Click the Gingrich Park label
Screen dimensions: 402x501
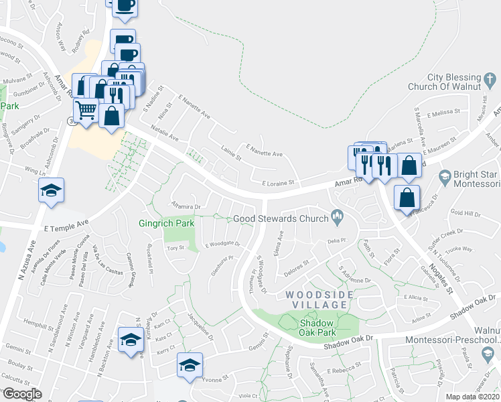[165, 223]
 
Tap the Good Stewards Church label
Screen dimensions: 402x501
[281, 218]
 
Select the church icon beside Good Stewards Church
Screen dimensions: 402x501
[337, 216]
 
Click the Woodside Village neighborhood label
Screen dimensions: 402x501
[317, 299]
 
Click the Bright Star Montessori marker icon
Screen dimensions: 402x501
[443, 177]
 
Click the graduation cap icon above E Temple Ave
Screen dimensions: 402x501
[52, 191]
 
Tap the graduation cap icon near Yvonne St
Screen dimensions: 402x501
[190, 366]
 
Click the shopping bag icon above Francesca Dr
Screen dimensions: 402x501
[407, 198]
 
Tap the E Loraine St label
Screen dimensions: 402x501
[279, 182]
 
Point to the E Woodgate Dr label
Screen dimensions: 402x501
[222, 244]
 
